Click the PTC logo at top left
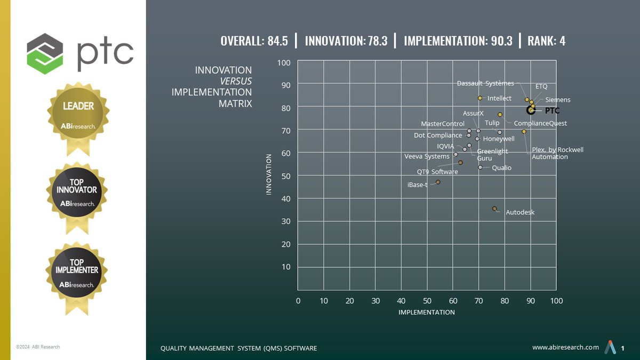coord(80,53)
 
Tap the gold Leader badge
coord(78,114)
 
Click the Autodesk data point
coord(494,209)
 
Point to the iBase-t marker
coord(438,182)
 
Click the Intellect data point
coord(480,98)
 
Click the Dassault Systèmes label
coord(485,83)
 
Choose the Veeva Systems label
coord(427,156)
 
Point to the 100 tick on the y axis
coord(284,63)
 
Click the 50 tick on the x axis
coord(427,301)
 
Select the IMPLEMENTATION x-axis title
coord(427,312)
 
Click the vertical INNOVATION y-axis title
coord(269,174)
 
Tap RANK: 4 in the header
coord(546,41)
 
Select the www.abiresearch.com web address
coord(565,347)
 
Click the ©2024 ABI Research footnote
coord(37,347)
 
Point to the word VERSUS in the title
coord(236,81)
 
